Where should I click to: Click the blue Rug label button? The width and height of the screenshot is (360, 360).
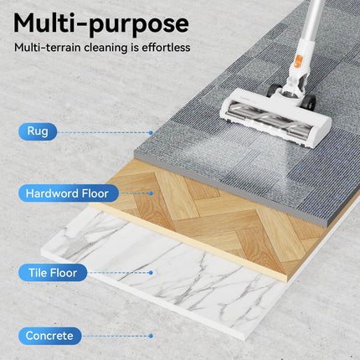click(x=38, y=131)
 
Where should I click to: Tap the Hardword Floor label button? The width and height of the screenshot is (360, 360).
click(x=69, y=193)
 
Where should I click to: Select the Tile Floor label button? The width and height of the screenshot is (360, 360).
click(x=53, y=273)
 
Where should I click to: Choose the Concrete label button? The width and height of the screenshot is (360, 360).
click(x=50, y=336)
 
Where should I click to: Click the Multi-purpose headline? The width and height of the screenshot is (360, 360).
click(x=101, y=24)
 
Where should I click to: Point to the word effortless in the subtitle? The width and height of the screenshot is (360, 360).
click(x=166, y=48)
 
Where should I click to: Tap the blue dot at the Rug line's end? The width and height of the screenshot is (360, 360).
click(x=151, y=133)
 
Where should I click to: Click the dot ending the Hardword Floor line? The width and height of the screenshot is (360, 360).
click(x=151, y=193)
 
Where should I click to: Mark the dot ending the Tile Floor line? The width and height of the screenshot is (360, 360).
click(x=151, y=273)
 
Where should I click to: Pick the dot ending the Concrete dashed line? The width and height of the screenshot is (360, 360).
click(x=151, y=336)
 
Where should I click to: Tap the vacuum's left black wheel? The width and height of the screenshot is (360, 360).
click(x=273, y=90)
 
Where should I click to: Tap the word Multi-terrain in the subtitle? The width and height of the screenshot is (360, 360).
click(x=47, y=48)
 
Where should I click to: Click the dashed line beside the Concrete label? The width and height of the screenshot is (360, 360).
click(x=116, y=336)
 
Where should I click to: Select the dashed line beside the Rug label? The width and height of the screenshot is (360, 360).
click(x=103, y=133)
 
